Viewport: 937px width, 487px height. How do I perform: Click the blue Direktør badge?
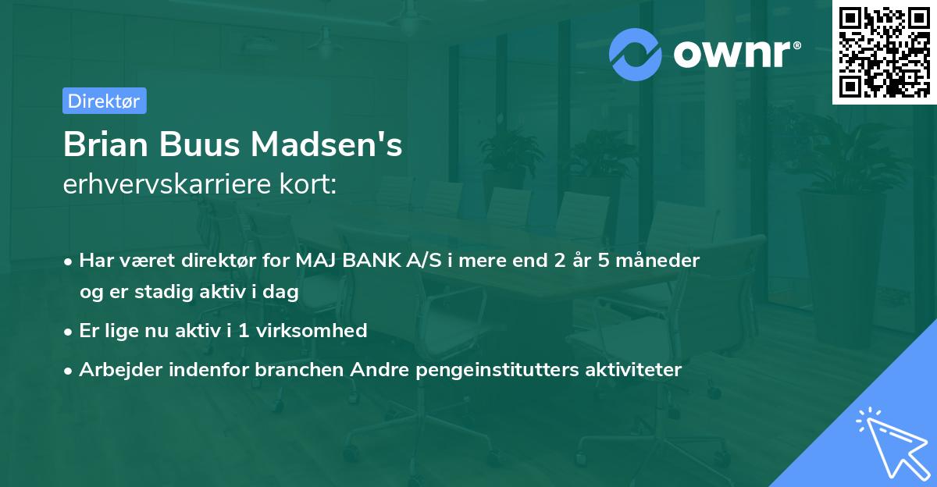pos(104,101)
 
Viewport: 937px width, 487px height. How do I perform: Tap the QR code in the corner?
pos(883,52)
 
